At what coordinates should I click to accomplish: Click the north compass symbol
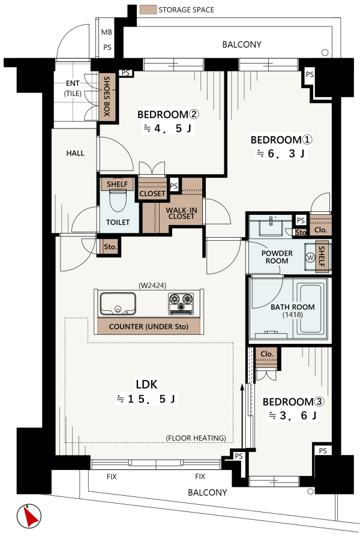29,516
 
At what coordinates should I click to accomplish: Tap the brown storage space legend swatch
148,10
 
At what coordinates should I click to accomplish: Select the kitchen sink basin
118,304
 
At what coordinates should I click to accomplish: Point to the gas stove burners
181,303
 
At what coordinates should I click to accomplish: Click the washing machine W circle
310,257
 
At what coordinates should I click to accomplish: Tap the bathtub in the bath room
311,309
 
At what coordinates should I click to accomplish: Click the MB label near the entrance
106,32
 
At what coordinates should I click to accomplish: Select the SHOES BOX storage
107,97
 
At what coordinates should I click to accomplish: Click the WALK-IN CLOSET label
181,213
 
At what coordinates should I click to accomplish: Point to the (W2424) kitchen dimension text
152,285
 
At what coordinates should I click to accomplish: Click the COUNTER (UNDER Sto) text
148,327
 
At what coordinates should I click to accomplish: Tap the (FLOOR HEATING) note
196,438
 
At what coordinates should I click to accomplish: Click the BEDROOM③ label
293,402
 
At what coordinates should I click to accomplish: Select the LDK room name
146,384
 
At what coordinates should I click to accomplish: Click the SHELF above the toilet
117,184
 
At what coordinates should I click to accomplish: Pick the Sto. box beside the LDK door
110,247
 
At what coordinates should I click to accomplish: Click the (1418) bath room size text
293,315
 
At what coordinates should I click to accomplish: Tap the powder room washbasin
271,227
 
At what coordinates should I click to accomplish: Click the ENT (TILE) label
73,88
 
